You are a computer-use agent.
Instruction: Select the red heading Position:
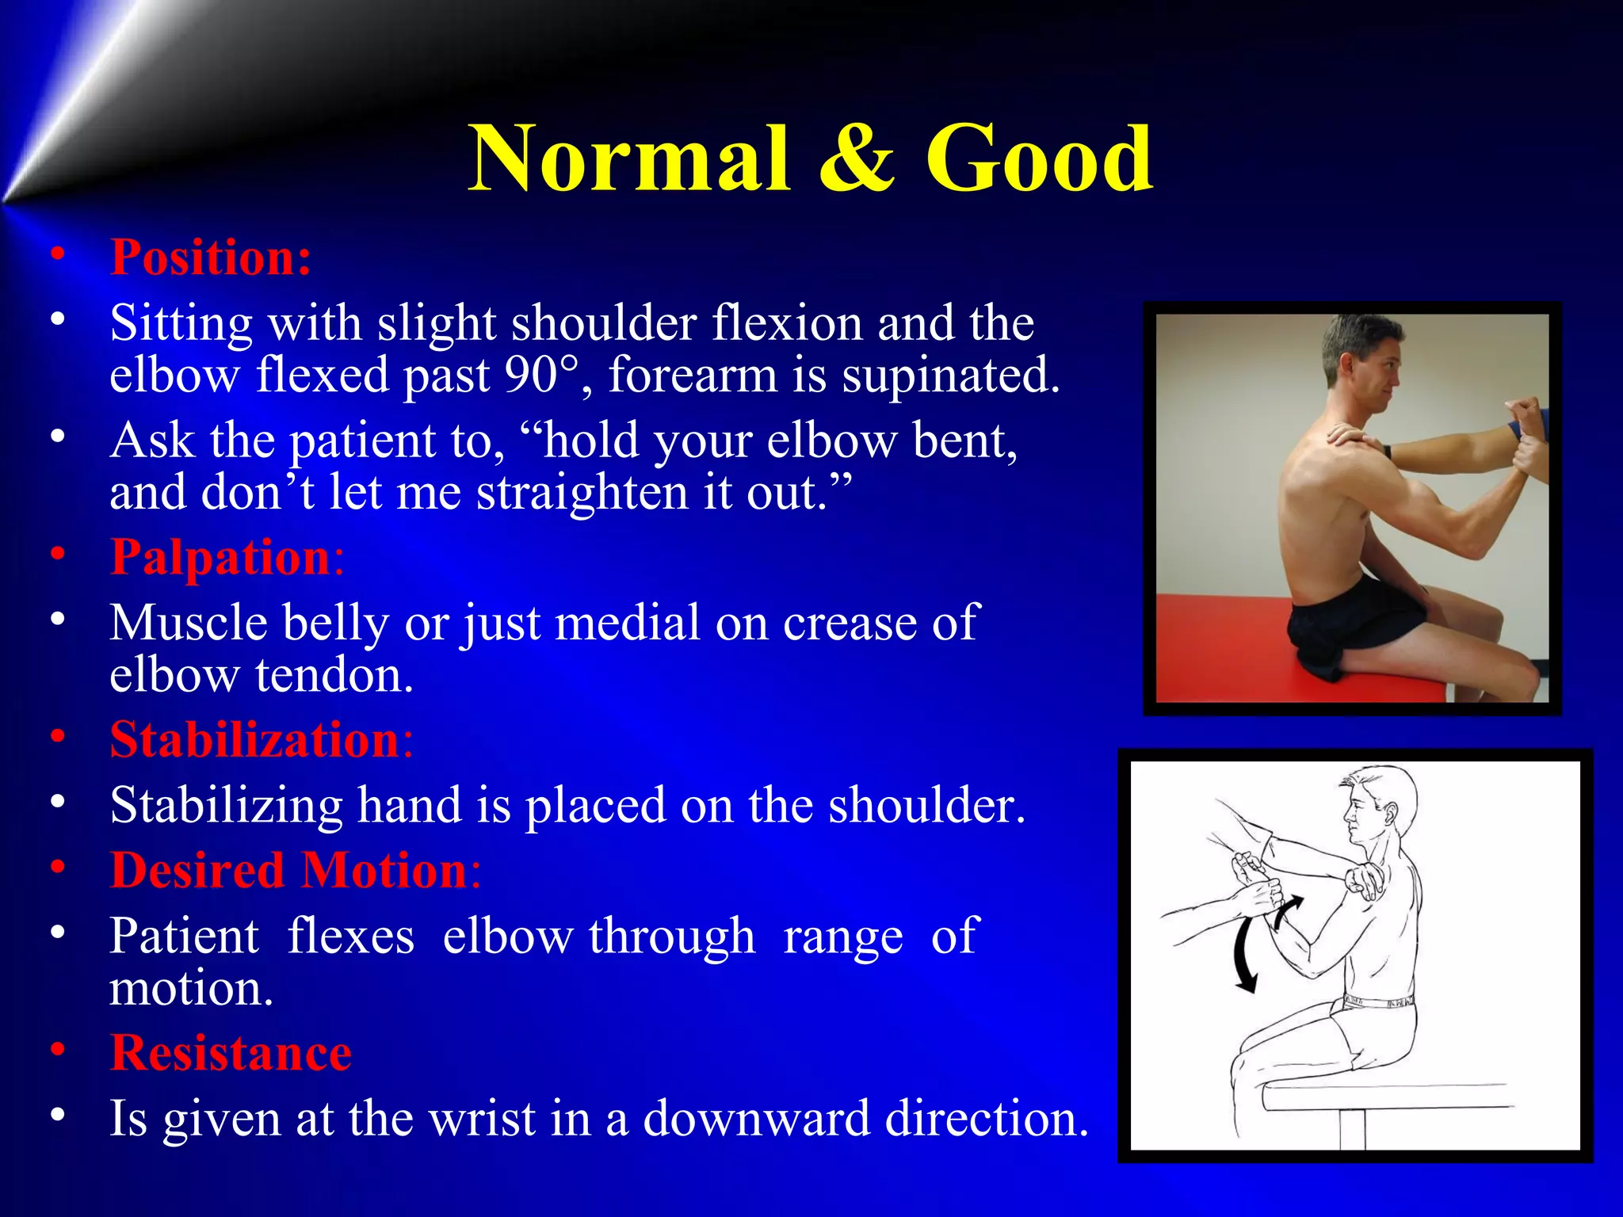(211, 258)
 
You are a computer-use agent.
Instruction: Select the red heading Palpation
(220, 557)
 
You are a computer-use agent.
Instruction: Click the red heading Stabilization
(254, 740)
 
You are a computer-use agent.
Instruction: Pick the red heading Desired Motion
(289, 871)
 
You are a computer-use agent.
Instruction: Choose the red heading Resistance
(231, 1054)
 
